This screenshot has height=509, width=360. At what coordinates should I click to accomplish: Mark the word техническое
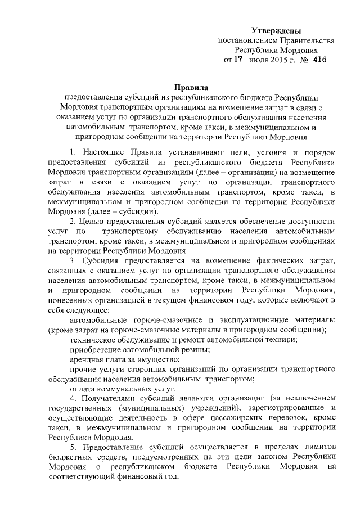coord(94,340)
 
